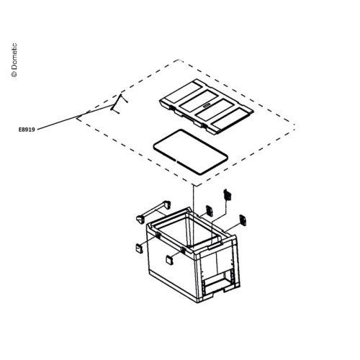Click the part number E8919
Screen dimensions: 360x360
coord(27,130)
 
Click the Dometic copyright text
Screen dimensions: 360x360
coord(14,60)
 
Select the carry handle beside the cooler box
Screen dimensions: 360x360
coord(153,212)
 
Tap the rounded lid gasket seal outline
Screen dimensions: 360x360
coord(153,146)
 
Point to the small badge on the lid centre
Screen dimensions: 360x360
coord(207,105)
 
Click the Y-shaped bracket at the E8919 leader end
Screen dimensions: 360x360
coord(118,104)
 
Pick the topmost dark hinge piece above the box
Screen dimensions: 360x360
coord(227,195)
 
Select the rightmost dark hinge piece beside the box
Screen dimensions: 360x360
coord(243,220)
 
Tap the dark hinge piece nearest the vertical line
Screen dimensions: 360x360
coord(210,211)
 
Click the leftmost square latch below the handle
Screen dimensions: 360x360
coord(139,248)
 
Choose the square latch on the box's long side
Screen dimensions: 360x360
coord(169,260)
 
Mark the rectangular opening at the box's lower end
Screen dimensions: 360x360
coord(215,284)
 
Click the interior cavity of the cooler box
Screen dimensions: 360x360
coord(187,230)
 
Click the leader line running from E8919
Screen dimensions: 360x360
coord(75,117)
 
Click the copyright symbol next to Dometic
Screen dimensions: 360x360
coord(14,75)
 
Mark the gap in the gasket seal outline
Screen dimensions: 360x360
coord(176,161)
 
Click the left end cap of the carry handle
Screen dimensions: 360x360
coord(140,220)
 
